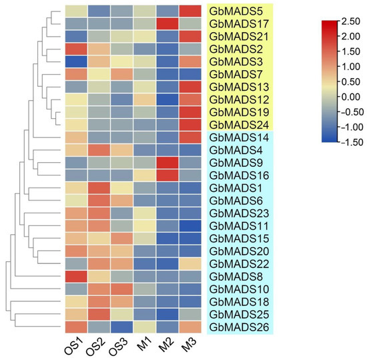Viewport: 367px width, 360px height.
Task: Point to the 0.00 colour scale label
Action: [348, 96]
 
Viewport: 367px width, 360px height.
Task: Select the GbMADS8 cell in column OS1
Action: [75, 277]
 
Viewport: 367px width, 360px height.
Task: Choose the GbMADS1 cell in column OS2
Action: [99, 188]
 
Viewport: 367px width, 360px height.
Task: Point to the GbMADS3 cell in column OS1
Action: [75, 62]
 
